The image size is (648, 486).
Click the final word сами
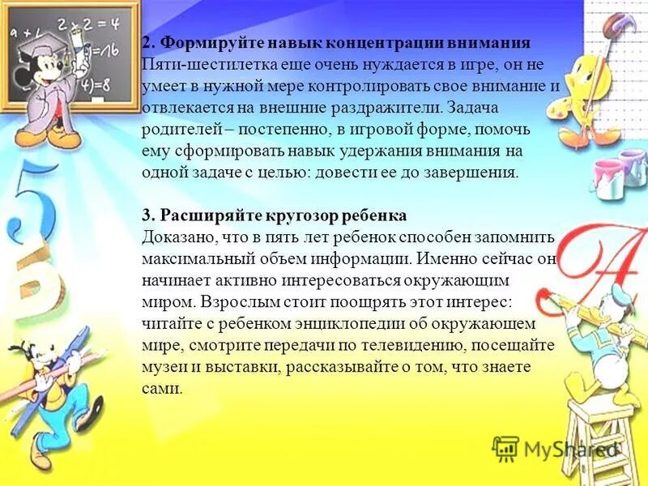click(161, 390)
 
